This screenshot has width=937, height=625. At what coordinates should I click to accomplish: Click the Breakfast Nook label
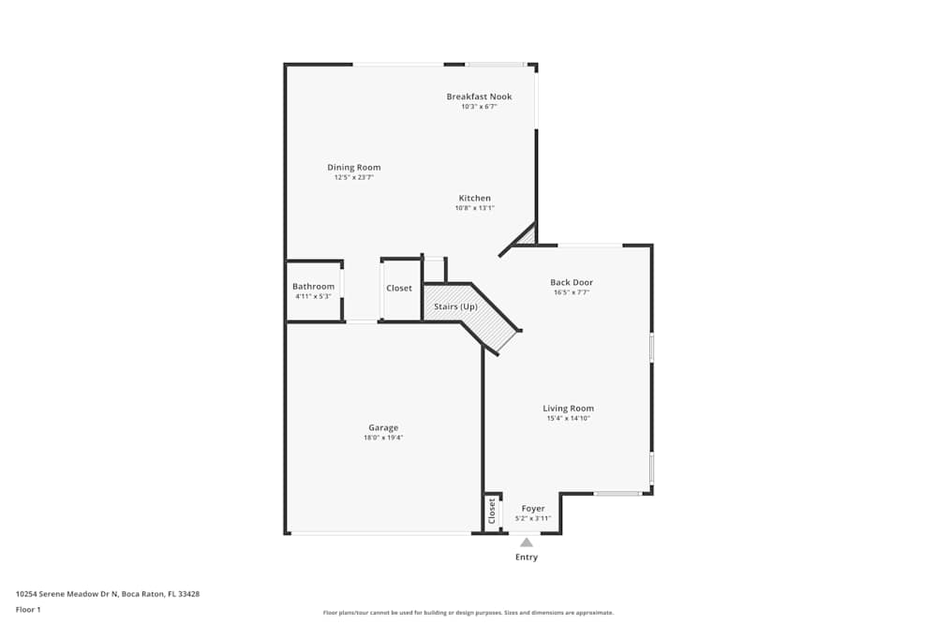point(479,97)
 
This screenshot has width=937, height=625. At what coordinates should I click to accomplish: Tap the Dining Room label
point(353,168)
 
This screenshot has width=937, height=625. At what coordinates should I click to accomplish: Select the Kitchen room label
point(474,198)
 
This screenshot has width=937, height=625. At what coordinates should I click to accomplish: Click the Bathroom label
point(313,287)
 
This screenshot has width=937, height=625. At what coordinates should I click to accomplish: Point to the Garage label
point(382,427)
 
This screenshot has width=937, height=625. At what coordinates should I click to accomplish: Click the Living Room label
point(568,408)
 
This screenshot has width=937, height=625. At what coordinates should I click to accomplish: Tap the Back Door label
point(571,282)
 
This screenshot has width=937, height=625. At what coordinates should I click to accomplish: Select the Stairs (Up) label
point(455,306)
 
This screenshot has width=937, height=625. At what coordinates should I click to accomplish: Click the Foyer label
point(533,509)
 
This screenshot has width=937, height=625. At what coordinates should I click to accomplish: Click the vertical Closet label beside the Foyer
point(492,511)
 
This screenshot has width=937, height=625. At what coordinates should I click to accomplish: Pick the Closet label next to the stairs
point(399,288)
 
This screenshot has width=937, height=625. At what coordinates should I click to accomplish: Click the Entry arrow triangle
point(527,542)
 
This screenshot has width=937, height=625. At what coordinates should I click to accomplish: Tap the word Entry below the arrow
point(527,558)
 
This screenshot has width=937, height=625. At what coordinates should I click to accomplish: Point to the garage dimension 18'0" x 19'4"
point(383,438)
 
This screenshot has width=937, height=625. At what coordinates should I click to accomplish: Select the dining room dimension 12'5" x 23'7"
point(353,177)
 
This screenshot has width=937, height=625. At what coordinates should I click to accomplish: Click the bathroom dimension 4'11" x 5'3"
point(313,296)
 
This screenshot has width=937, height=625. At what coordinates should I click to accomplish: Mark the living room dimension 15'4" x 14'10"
point(568,418)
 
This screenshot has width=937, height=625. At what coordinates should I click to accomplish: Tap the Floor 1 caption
point(28,609)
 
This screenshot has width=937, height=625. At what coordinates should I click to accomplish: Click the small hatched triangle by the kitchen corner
point(528,238)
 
